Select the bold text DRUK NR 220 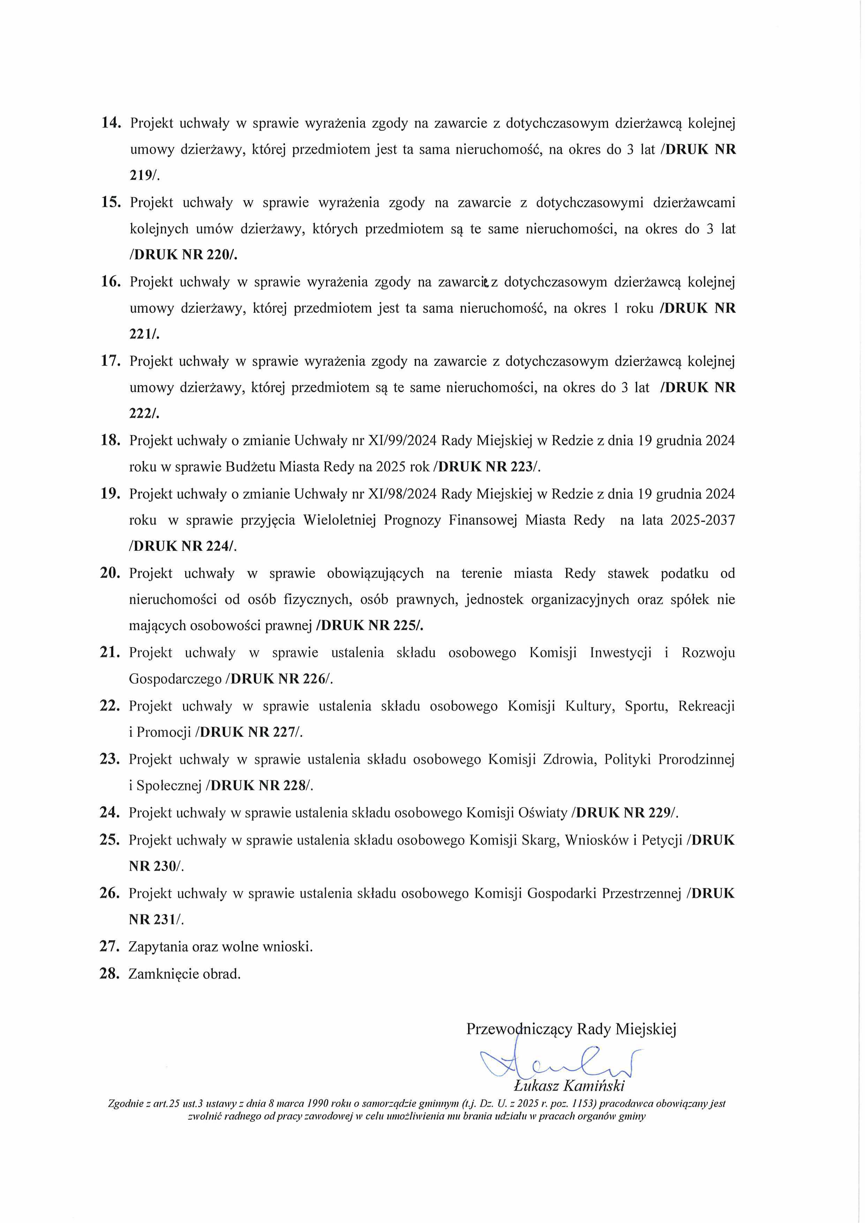(183, 255)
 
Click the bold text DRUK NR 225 (370, 625)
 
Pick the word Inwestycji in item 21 (620, 653)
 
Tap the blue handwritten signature (559, 1060)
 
